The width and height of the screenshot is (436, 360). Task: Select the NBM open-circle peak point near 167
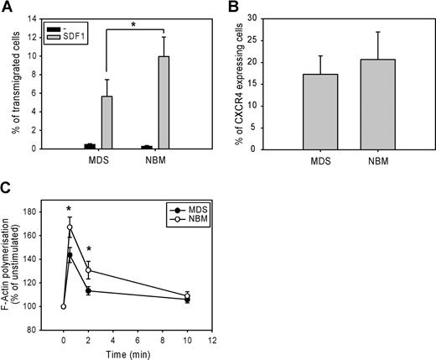(x=70, y=227)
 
